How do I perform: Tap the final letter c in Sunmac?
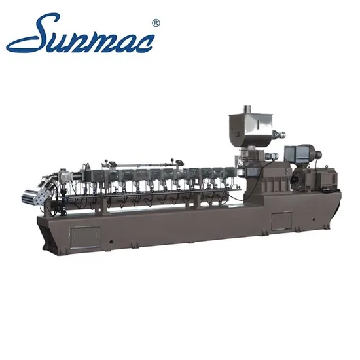143,43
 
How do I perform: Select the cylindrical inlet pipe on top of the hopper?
247,109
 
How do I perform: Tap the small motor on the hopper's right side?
279,134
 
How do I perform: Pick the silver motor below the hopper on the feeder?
272,156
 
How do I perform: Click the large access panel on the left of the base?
85,237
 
